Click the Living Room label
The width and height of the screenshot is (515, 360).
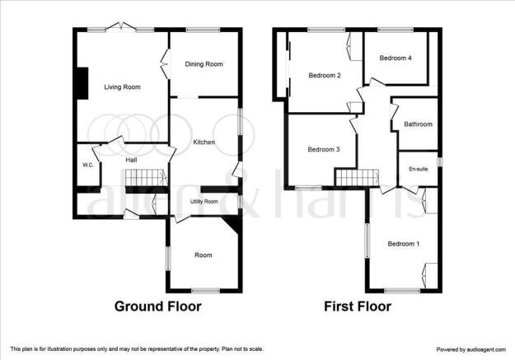pyautogui.click(x=122, y=87)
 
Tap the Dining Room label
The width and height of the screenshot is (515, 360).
pyautogui.click(x=204, y=64)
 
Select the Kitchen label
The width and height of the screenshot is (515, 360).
pyautogui.click(x=204, y=143)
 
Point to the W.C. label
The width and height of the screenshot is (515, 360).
pyautogui.click(x=87, y=166)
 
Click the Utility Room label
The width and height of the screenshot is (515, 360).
pyautogui.click(x=204, y=201)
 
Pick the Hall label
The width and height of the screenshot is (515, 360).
pyautogui.click(x=131, y=160)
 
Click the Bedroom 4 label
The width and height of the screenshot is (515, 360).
pyautogui.click(x=396, y=58)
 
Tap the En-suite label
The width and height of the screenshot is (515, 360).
pyautogui.click(x=418, y=169)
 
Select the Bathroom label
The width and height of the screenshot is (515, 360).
pyautogui.click(x=418, y=124)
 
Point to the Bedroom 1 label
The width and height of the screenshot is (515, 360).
pyautogui.click(x=403, y=244)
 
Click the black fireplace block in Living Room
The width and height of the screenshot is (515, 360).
pyautogui.click(x=82, y=82)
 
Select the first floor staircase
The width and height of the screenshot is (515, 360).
pyautogui.click(x=358, y=178)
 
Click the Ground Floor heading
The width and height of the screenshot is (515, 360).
pyautogui.click(x=158, y=306)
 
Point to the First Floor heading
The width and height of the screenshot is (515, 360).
pyautogui.click(x=358, y=306)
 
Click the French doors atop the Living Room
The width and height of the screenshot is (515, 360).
pyautogui.click(x=121, y=26)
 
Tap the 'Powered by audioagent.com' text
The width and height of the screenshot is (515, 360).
pyautogui.click(x=471, y=349)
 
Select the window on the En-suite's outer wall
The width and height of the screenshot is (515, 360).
pyautogui.click(x=440, y=162)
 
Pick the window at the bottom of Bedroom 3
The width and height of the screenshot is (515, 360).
pyautogui.click(x=308, y=188)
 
